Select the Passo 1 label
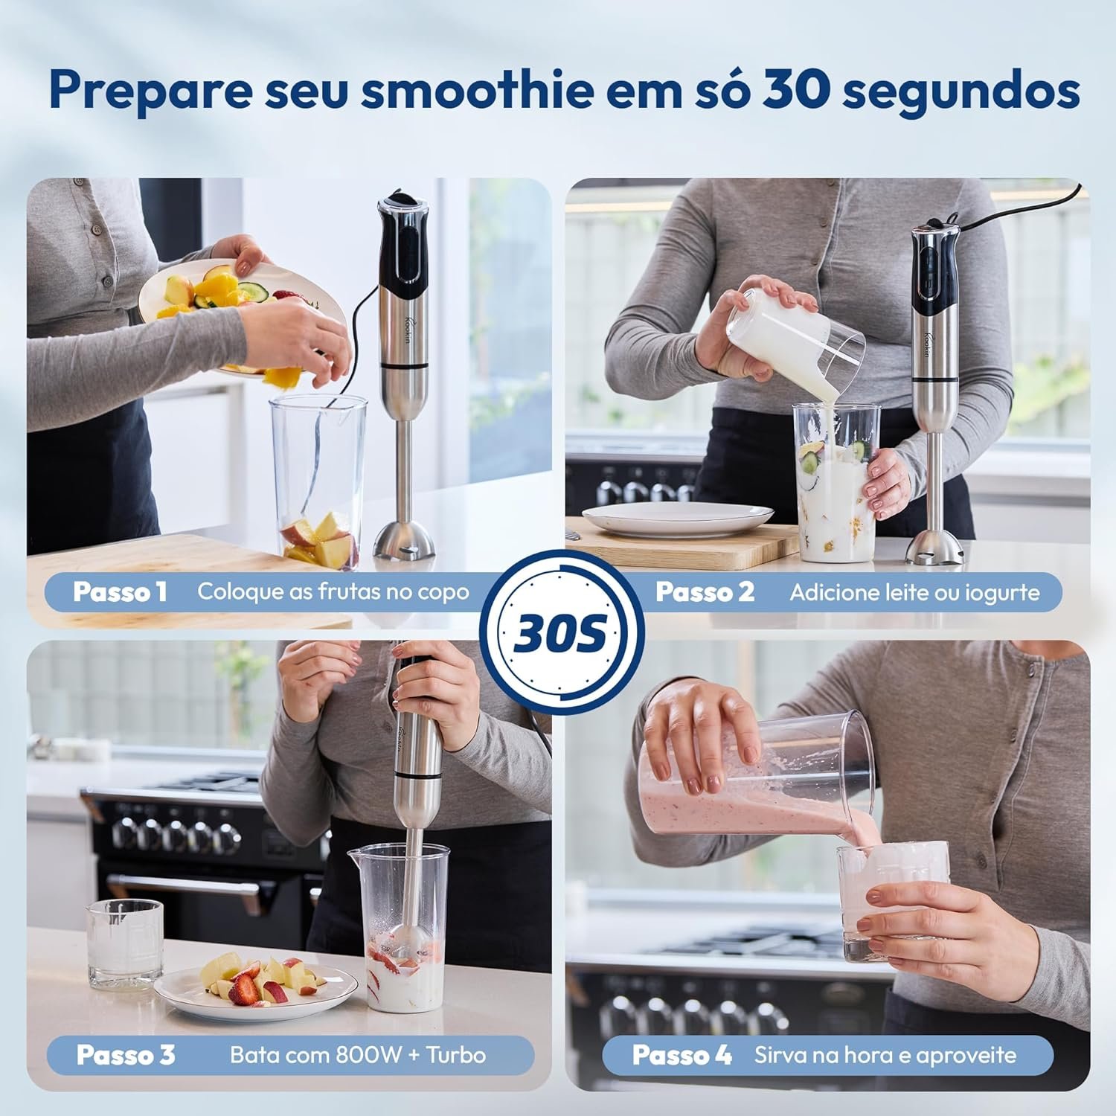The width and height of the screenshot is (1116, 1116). pos(120,592)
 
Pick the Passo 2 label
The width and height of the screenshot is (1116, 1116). pos(705,592)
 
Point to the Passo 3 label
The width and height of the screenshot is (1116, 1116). pos(126,1055)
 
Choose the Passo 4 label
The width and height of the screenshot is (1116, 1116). pos(682,1055)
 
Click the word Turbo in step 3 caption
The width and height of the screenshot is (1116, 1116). pos(456,1055)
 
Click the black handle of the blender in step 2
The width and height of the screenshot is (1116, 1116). pos(934,272)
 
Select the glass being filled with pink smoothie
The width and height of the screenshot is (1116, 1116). pos(893,900)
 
